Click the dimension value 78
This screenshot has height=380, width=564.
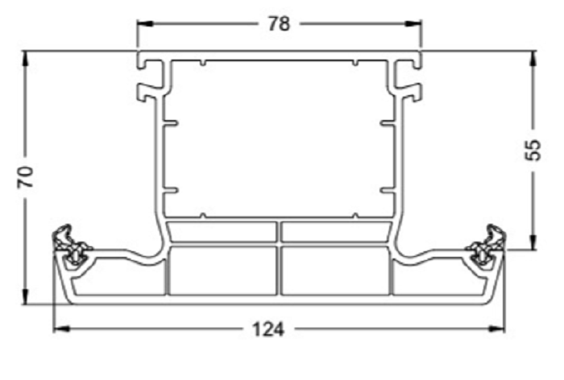click(279, 23)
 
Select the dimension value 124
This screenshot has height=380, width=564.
click(279, 329)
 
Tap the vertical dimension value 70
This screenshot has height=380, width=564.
click(27, 178)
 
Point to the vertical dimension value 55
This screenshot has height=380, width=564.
click(531, 151)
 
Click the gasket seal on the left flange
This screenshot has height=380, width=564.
click(69, 246)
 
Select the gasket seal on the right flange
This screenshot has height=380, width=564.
click(488, 246)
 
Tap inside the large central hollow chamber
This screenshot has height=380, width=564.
click(279, 137)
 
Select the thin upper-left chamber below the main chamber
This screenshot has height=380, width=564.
click(222, 232)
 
